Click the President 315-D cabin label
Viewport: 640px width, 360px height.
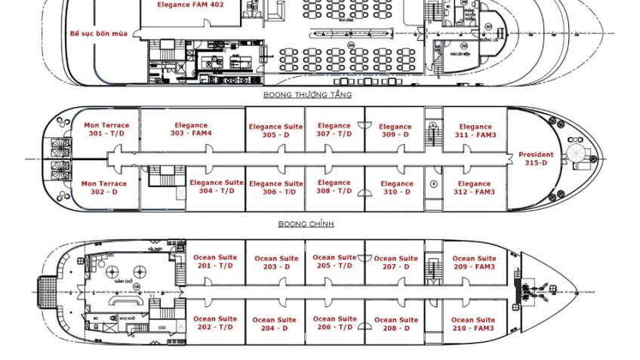pos(536,158)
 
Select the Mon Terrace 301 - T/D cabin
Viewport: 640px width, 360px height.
pos(106,130)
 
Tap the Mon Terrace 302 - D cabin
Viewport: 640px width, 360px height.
pos(104,188)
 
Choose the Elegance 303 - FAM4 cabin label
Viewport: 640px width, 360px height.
pos(191,130)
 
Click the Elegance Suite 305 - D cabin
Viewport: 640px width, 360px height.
pos(275,131)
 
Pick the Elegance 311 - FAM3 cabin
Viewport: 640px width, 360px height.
pos(475,131)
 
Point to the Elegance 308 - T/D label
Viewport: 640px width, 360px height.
pos(334,187)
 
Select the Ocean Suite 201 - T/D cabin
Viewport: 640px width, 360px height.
pos(216,262)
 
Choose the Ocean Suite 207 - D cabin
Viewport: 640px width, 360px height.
pos(395,263)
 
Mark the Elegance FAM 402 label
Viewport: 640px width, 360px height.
pos(190,5)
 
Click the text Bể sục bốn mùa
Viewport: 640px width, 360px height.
pos(98,33)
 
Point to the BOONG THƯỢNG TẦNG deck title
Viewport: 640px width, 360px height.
pos(307,95)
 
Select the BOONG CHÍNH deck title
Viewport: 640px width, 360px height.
pos(306,224)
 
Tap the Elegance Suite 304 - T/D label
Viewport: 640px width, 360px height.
pos(217,187)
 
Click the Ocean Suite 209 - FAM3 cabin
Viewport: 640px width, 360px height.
pos(474,263)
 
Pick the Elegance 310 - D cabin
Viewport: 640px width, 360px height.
pos(397,188)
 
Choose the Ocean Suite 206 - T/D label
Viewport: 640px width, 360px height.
pos(334,323)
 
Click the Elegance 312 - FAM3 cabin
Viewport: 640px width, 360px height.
pos(474,188)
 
